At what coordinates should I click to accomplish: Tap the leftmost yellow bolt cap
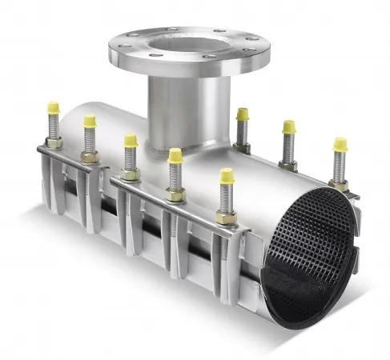tap(53, 107)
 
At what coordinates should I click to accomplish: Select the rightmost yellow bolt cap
tap(340, 145)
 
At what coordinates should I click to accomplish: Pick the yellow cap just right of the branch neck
tap(242, 114)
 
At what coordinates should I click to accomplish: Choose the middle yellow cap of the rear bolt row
tap(288, 127)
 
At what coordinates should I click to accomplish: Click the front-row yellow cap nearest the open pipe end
tap(227, 175)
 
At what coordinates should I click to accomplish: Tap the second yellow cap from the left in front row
tap(90, 121)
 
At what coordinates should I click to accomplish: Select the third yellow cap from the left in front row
tap(130, 141)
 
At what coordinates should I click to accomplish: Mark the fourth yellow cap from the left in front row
tap(175, 155)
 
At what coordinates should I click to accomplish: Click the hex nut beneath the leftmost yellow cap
tap(54, 143)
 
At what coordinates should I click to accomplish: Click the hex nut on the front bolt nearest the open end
tap(226, 217)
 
